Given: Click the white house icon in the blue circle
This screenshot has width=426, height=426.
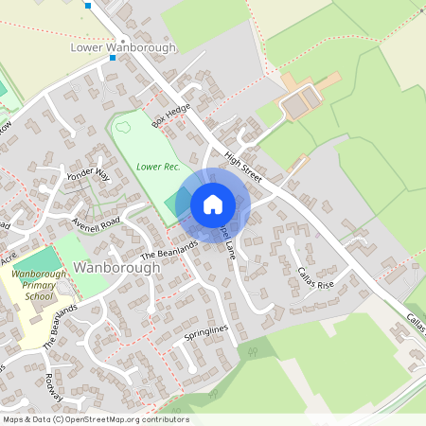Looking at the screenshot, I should [x=212, y=204].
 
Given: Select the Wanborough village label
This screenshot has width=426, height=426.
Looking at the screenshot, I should [x=117, y=268].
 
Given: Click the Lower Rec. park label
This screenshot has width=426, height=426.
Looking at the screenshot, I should [x=157, y=167].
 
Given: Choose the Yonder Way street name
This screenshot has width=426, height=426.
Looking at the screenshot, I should [x=90, y=177].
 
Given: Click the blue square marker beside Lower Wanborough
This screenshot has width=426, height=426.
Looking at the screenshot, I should [x=112, y=58].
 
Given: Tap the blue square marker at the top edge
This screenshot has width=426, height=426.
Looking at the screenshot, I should [x=88, y=5].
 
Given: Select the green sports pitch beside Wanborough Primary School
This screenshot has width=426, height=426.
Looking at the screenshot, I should [x=38, y=259].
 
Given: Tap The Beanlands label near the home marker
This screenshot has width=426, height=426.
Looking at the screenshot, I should [x=169, y=249].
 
